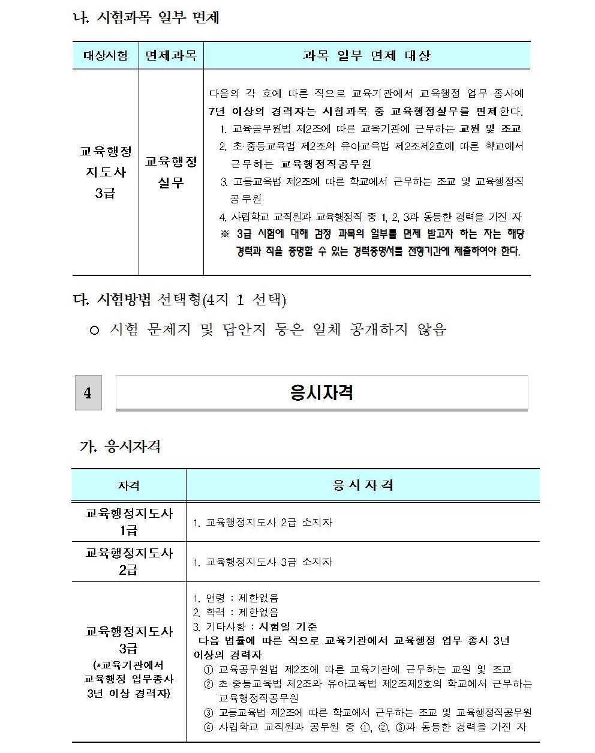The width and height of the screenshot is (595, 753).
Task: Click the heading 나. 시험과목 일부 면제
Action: [145, 17]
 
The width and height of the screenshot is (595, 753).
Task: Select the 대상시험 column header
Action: [106, 56]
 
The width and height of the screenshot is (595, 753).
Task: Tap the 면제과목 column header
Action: [171, 56]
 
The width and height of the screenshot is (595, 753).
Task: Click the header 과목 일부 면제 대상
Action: [366, 56]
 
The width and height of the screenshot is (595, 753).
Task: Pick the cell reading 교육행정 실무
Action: [171, 172]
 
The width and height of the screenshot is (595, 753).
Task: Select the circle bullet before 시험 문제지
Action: [94, 330]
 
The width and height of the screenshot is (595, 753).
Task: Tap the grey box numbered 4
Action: [88, 393]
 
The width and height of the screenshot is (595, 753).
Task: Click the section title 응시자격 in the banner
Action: [321, 393]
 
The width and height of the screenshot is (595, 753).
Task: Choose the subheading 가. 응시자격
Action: [120, 447]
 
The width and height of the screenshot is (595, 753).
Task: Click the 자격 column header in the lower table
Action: [128, 485]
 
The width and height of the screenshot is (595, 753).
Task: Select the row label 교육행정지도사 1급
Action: [128, 521]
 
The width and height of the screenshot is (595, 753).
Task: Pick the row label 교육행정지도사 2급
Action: [128, 561]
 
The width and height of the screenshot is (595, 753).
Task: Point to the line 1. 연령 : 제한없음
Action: [236, 598]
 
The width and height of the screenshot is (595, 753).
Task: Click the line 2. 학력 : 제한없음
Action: [236, 613]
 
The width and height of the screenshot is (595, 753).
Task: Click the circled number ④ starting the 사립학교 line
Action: [209, 727]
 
